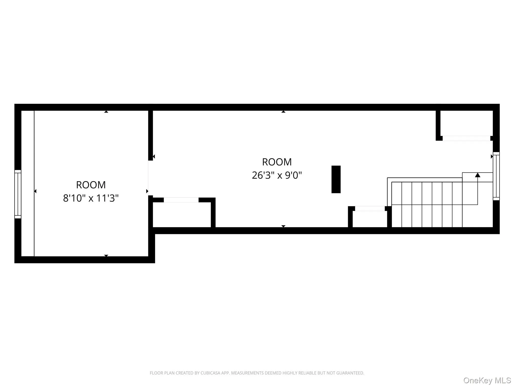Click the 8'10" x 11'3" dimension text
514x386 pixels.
(91, 198)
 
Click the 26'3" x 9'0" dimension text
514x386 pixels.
(277, 175)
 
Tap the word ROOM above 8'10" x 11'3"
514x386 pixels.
(91, 185)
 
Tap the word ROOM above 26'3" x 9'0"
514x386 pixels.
(277, 162)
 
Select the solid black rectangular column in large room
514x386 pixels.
(336, 179)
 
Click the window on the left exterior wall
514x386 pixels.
(18, 194)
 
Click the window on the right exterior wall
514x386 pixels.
(496, 176)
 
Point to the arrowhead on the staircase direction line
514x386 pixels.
(477, 175)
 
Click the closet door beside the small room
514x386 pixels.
(181, 200)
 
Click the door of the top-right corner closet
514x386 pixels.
(466, 138)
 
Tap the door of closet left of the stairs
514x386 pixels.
(369, 209)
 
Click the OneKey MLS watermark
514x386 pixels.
(487, 380)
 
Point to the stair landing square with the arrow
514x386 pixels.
(477, 177)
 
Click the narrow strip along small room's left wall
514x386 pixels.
(28, 183)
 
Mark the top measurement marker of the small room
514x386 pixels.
(106, 112)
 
